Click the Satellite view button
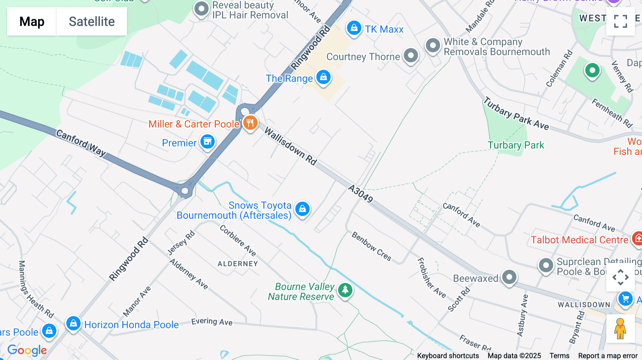pos(92,21)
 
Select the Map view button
pos(32,21)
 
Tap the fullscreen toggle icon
pos(620,21)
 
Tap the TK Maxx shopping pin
pos(354,27)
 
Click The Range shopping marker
pos(323,77)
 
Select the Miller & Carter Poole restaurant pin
pos(250,123)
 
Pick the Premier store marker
pos(208,142)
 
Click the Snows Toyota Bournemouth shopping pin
pos(302,209)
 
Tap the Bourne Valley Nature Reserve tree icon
pos(345,290)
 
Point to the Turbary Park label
pos(516,145)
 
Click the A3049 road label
pos(361,194)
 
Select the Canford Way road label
pos(81,143)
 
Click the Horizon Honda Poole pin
pos(73,324)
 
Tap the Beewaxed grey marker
pos(509,277)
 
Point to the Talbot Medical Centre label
pos(579,240)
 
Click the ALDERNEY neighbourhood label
pos(238,264)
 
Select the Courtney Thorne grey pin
pos(411,56)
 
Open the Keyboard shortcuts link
pos(448,356)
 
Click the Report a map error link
pos(608,356)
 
